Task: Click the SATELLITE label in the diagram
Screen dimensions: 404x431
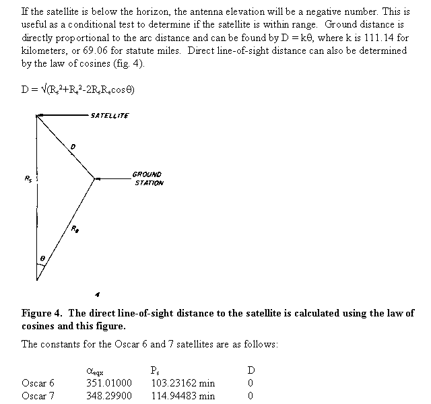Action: click(x=108, y=116)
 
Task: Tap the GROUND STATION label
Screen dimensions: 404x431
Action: click(x=148, y=178)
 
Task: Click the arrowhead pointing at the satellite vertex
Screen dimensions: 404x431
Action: click(x=42, y=116)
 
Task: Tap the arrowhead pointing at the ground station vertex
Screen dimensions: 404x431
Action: click(x=98, y=179)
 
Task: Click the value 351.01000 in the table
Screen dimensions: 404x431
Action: click(x=109, y=383)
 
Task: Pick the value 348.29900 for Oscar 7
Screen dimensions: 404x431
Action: click(x=109, y=396)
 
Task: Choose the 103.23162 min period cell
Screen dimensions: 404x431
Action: click(x=183, y=383)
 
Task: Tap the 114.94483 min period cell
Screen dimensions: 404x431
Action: click(x=183, y=396)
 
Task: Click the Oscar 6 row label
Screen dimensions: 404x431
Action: click(x=38, y=383)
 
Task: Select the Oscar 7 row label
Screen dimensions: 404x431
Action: click(x=38, y=396)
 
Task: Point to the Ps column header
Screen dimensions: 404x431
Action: click(x=156, y=370)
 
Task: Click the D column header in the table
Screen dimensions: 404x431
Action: click(x=251, y=370)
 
